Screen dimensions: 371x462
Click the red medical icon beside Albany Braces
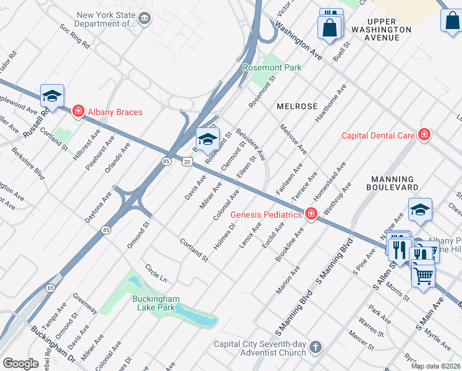click(x=78, y=112)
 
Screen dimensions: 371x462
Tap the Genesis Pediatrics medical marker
click(x=311, y=215)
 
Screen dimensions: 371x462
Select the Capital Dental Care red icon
click(x=424, y=135)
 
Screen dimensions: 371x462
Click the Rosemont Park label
click(x=271, y=67)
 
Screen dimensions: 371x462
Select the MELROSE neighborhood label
click(x=296, y=106)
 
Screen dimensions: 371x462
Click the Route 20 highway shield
click(x=187, y=161)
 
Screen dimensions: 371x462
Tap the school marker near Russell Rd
click(x=52, y=96)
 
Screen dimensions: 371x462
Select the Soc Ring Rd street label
click(x=75, y=36)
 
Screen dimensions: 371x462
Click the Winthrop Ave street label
click(x=337, y=196)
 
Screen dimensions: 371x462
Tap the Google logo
click(x=20, y=364)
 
